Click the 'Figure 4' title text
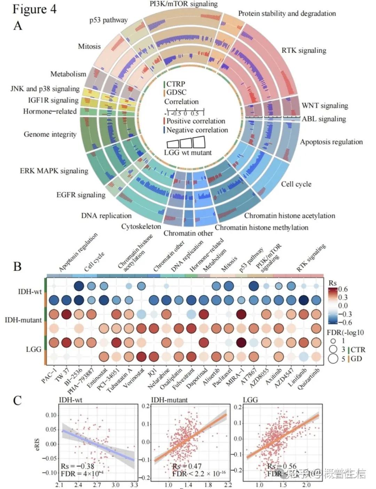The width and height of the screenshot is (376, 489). point(34,9)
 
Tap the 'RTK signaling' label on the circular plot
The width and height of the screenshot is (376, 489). point(304,51)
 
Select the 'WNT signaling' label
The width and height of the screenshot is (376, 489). point(324,106)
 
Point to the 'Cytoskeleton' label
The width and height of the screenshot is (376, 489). point(141,226)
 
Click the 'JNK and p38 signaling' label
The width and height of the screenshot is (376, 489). point(45,89)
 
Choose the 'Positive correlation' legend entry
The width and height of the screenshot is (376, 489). point(196,121)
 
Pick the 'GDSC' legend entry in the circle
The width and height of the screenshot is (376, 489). point(176,92)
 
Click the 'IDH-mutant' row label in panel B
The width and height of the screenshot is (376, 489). point(23,320)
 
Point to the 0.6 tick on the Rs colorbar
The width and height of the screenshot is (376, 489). point(343,289)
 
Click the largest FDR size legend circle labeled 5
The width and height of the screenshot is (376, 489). point(333,358)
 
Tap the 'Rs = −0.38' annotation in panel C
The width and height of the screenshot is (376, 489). point(78,466)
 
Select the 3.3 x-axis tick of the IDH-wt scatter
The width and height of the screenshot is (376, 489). point(134,485)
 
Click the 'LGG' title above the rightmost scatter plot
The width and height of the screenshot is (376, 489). point(250,400)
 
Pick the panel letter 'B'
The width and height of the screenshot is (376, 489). point(17,266)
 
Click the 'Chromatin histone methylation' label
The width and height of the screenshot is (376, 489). point(261,228)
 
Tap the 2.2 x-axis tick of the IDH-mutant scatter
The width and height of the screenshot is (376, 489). point(228,485)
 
